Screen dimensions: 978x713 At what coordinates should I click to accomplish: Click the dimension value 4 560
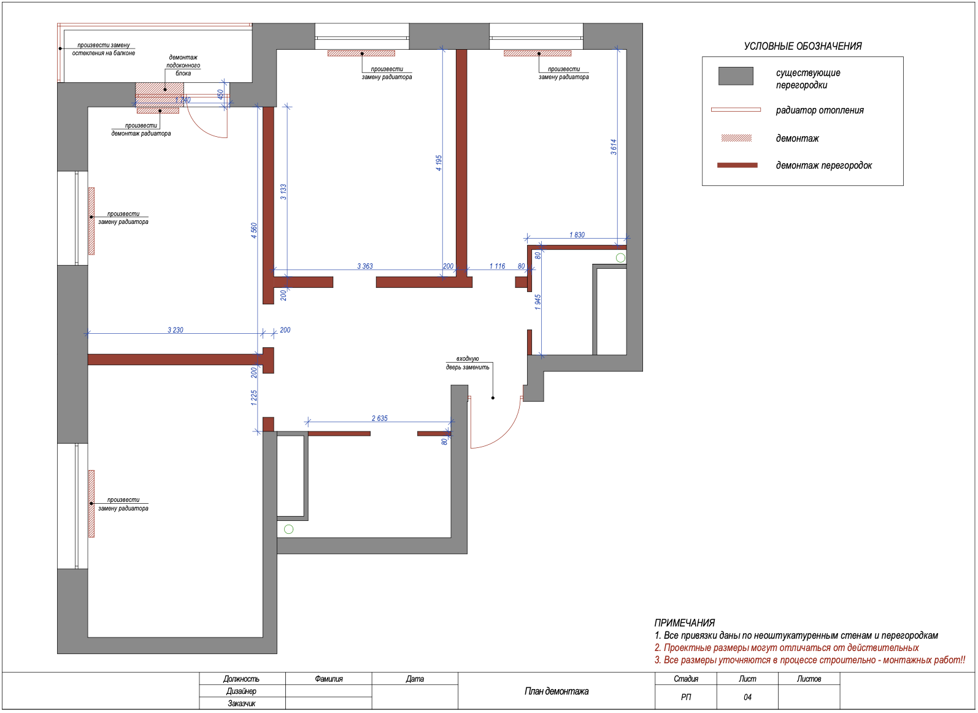click(253, 230)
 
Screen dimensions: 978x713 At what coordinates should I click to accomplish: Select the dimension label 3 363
click(365, 266)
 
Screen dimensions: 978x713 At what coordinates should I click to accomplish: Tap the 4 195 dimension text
click(439, 163)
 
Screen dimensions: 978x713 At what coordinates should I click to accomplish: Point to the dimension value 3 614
click(614, 147)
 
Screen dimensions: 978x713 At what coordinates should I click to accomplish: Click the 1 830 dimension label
click(577, 235)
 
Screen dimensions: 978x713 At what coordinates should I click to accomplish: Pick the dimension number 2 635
click(379, 418)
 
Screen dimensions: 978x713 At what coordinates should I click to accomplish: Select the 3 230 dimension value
click(175, 330)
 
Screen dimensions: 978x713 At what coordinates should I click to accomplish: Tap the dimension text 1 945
click(537, 302)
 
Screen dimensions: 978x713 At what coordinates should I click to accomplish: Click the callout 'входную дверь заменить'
click(468, 363)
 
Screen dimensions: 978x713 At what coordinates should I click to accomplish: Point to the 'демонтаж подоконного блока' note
click(183, 65)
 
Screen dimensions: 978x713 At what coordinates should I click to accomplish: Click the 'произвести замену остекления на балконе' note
click(104, 49)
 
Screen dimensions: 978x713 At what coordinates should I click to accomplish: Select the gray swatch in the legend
click(736, 76)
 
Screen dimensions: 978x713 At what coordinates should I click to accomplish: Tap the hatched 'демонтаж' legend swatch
click(736, 139)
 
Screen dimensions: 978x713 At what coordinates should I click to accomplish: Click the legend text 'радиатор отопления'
click(820, 110)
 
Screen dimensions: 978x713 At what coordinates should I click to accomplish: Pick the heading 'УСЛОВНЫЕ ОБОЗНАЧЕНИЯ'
click(803, 46)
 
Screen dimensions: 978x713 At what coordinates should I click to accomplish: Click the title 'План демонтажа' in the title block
click(556, 691)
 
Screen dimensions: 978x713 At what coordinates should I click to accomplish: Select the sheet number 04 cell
click(747, 697)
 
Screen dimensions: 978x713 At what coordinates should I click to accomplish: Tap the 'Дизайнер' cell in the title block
click(241, 691)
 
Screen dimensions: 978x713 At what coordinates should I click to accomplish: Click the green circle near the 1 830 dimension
click(620, 258)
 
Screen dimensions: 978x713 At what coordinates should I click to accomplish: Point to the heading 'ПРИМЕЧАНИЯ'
click(684, 623)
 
